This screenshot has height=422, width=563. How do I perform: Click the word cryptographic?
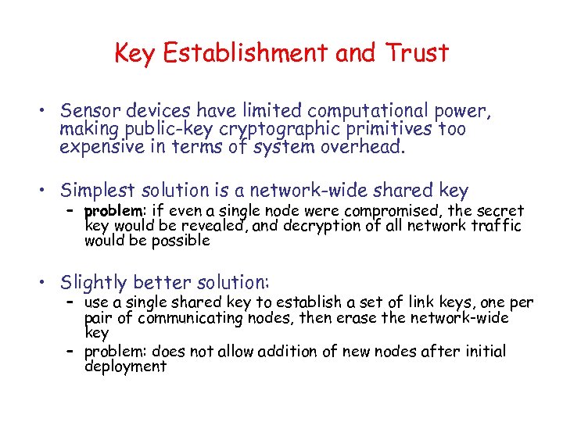coord(278,129)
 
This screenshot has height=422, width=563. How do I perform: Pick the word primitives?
coord(389,129)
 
